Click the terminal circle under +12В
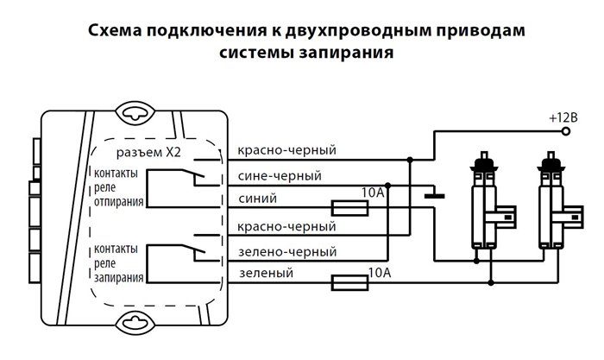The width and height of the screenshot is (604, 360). pos(566,131)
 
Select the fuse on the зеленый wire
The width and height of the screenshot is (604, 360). pos(350,281)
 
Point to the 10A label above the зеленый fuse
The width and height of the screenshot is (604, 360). pos(380,273)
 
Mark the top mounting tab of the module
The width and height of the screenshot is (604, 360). pos(139,112)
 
